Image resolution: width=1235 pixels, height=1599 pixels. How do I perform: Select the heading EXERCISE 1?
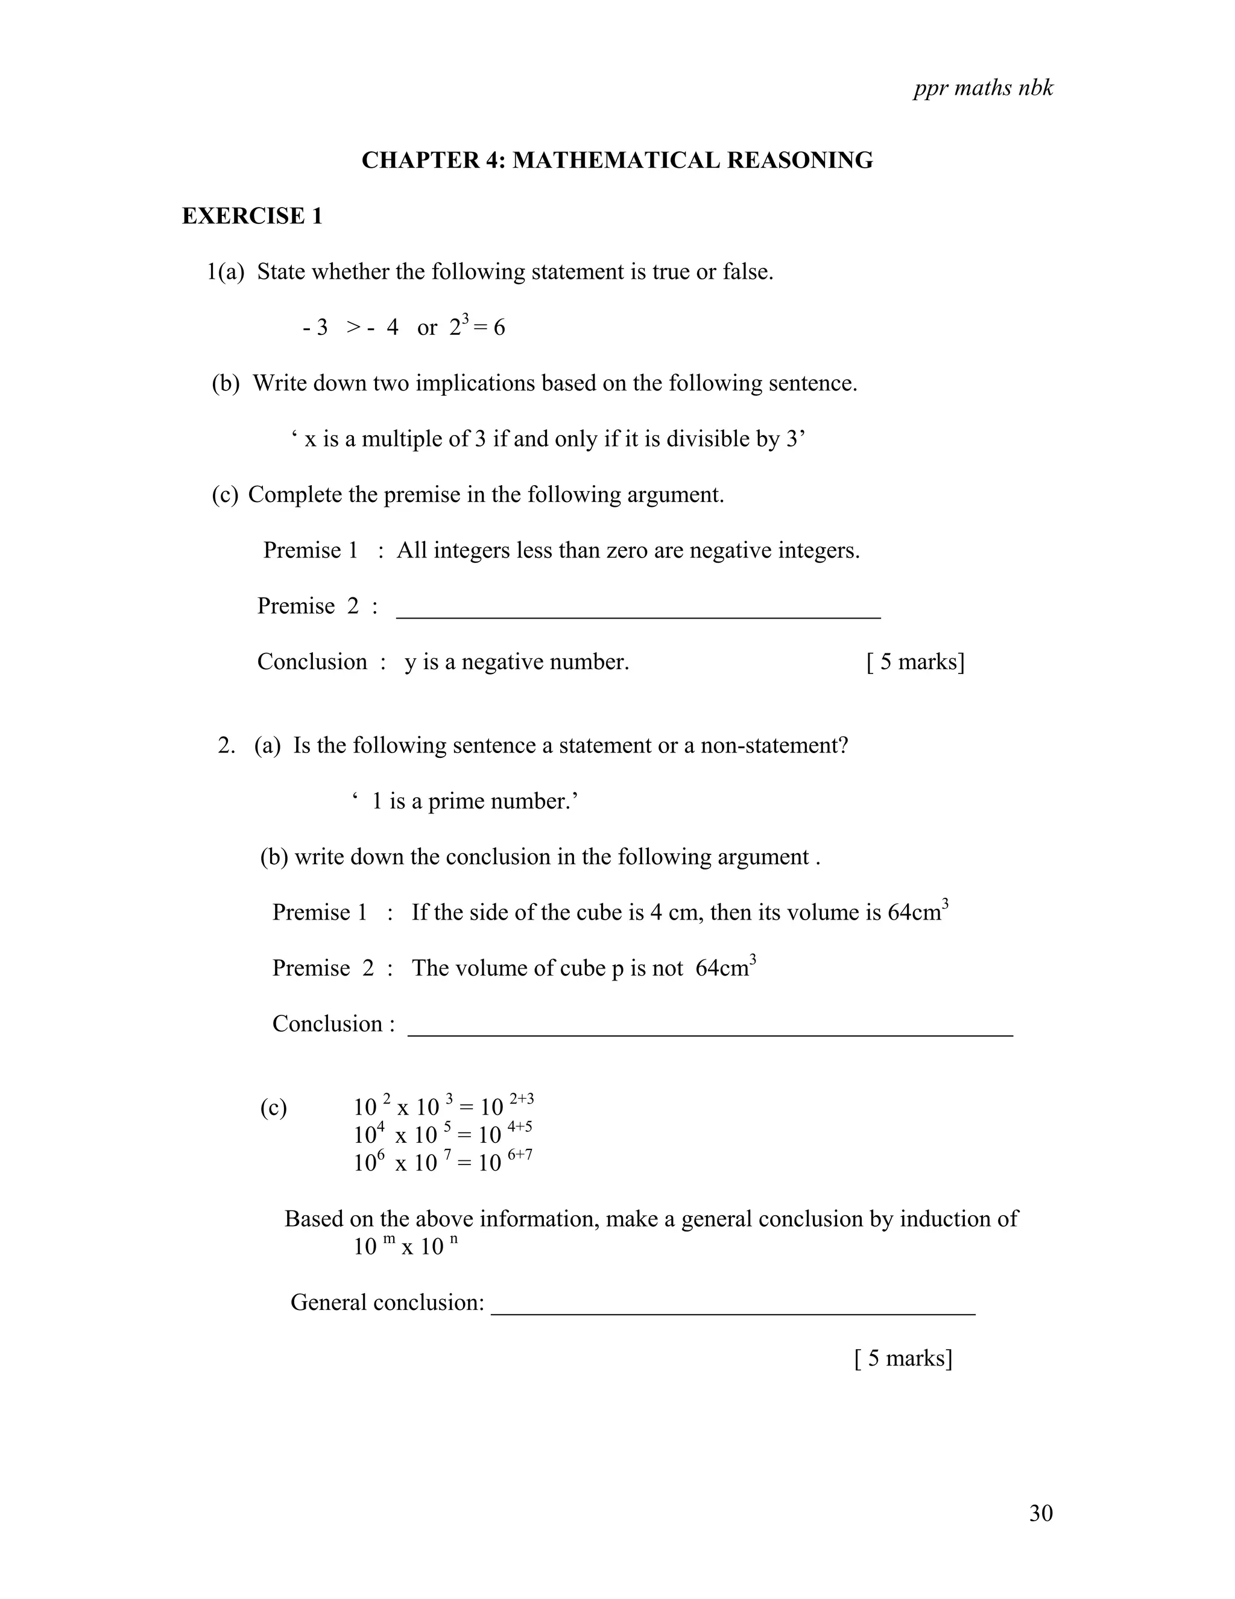point(251,216)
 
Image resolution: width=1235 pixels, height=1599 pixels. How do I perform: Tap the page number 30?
point(1040,1513)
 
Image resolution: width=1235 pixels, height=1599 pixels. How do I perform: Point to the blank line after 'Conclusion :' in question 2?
point(710,1032)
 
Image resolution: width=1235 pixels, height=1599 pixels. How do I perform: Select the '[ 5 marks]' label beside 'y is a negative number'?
point(915,662)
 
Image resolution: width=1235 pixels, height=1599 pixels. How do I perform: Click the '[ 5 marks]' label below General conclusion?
point(903,1358)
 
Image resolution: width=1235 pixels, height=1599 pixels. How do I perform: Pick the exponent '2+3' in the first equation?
point(522,1099)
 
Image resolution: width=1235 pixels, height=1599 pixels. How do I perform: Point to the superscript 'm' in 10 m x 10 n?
point(389,1238)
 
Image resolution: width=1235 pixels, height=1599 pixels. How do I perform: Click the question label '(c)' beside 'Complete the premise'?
point(224,495)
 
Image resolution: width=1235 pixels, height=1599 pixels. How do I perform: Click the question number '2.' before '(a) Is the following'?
point(227,746)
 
